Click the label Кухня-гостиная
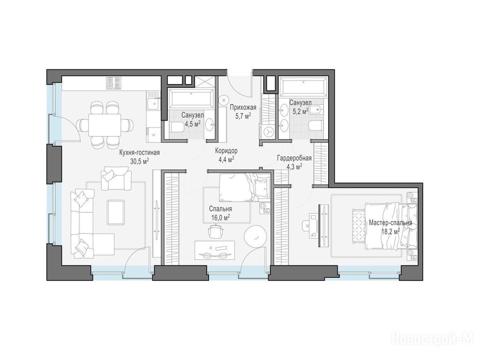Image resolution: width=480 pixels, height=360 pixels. [140, 152]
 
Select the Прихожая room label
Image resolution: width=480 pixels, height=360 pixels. [243, 107]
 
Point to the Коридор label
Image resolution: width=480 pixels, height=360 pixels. [226, 150]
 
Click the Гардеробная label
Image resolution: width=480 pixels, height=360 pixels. [294, 158]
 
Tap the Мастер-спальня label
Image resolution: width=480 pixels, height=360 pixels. [390, 223]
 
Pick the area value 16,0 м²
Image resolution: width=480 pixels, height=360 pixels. [221, 217]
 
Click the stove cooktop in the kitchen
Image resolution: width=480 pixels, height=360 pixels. [114, 83]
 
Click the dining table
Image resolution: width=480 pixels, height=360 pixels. [105, 125]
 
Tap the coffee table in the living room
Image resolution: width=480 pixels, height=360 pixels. [116, 212]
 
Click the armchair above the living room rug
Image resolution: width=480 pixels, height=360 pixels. [116, 179]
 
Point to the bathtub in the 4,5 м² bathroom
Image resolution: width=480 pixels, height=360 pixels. [192, 98]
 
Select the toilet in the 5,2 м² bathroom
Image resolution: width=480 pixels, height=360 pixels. [316, 125]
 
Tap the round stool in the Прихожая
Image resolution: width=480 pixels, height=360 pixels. [225, 100]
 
